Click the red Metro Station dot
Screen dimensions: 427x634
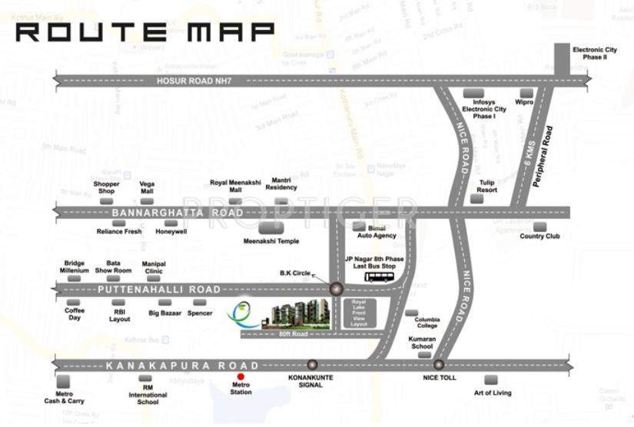(x=241, y=376)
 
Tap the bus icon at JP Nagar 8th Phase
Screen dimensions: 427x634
(x=377, y=276)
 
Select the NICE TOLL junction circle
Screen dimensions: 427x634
(x=439, y=365)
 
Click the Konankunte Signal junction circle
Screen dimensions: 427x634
(x=312, y=365)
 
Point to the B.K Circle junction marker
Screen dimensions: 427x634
(x=336, y=289)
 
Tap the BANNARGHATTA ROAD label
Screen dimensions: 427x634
(x=178, y=212)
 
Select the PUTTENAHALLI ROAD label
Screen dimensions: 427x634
(x=161, y=289)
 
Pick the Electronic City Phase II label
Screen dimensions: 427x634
(x=589, y=54)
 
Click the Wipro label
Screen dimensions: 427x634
(x=525, y=101)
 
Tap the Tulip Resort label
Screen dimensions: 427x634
(x=486, y=186)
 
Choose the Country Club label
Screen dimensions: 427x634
(x=539, y=237)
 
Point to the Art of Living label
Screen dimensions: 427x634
(x=492, y=393)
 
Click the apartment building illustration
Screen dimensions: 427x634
(x=296, y=313)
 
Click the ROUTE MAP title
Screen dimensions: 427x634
(x=145, y=31)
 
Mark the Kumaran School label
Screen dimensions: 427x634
(x=421, y=343)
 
